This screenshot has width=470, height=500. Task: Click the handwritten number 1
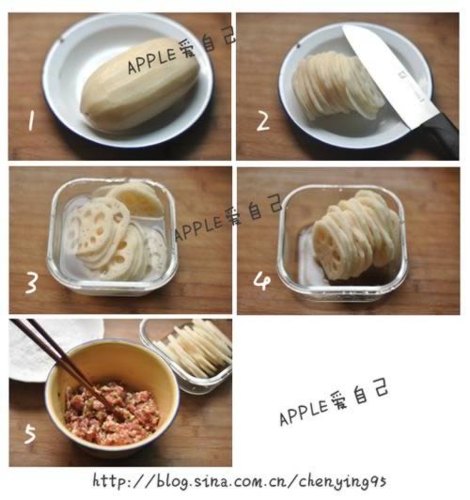[31, 121]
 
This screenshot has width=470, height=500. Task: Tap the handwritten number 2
[263, 122]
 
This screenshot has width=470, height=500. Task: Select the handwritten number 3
[32, 283]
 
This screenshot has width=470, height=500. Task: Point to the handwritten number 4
[262, 281]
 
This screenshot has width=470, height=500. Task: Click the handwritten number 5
[31, 434]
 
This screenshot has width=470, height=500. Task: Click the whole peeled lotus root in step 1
[140, 85]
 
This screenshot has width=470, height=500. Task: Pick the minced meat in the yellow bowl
[112, 413]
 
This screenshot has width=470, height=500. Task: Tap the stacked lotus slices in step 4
[356, 235]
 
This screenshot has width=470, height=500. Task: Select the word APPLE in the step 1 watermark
[151, 61]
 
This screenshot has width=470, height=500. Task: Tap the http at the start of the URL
[109, 480]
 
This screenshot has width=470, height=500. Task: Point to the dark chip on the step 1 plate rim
[62, 39]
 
